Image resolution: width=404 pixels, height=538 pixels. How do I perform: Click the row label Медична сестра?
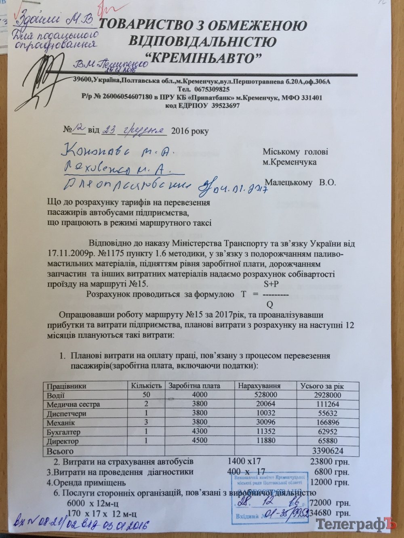[73, 404]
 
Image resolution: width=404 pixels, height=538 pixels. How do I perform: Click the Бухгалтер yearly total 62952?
[328, 432]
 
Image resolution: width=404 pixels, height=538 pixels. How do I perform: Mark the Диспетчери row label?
[67, 413]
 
